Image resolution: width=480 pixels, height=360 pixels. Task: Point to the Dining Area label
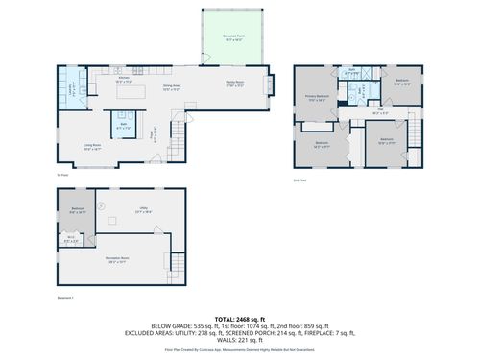click(x=171, y=87)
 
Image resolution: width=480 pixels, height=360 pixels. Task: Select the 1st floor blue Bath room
click(x=124, y=126)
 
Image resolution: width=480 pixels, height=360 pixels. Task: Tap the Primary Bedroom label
click(x=319, y=98)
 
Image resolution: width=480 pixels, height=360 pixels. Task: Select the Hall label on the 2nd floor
click(x=380, y=111)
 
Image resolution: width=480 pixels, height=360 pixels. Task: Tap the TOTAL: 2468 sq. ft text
click(x=240, y=318)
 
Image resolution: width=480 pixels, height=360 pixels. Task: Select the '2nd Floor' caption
click(x=300, y=180)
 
